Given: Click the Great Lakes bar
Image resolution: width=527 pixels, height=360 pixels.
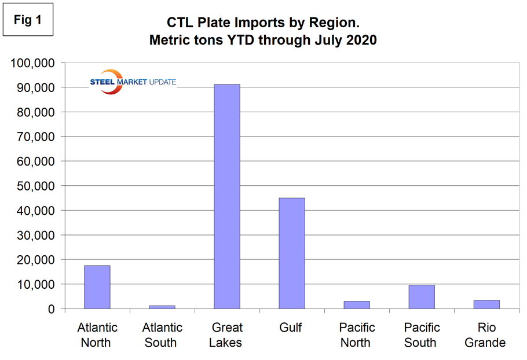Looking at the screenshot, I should pos(226,197).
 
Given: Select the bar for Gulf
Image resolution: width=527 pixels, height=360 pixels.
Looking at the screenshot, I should pos(291,254).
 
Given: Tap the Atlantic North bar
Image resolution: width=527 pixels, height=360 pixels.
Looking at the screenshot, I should pos(97,287).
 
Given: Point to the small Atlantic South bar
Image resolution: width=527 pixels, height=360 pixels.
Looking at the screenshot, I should pos(162,307).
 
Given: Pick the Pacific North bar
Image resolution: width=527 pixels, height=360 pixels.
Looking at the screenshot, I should pos(356,305).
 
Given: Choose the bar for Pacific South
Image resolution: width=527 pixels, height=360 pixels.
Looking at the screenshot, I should pos(421,297).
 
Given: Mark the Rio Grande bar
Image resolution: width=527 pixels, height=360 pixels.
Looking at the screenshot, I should pos(486,304).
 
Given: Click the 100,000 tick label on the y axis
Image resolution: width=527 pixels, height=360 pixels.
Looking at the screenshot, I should pos(32,63).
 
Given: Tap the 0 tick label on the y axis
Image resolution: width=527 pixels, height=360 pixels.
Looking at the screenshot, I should pos(50,309).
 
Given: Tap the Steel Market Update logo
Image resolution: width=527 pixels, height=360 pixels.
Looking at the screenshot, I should pos(132,82).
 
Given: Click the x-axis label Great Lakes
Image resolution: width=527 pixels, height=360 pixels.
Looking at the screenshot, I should pos(226,335).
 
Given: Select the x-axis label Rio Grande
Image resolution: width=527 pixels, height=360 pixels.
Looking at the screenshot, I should pos(485,335).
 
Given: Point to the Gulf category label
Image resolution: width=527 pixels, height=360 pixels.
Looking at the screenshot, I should pos(291,328).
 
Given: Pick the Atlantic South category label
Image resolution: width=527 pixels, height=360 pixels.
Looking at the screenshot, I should pos(161,335).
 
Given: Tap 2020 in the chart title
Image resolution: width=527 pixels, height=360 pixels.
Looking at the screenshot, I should pos(361,41).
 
